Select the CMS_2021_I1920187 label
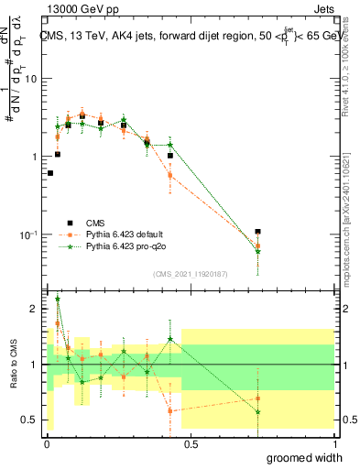pyautogui.click(x=189, y=274)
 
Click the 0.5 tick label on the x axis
pyautogui.click(x=191, y=443)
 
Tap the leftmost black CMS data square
pyautogui.click(x=50, y=172)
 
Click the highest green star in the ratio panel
pyautogui.click(x=58, y=299)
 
